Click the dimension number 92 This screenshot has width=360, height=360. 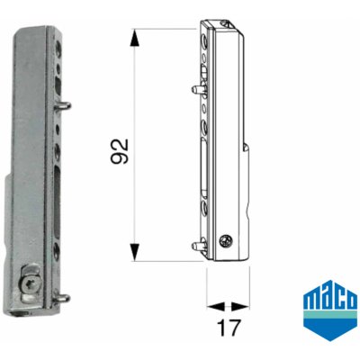[x=120, y=151]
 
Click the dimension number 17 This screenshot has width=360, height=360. [x=229, y=328]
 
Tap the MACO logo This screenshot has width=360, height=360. [x=330, y=310]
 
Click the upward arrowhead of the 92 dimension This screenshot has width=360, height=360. [x=135, y=38]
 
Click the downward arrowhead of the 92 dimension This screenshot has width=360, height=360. [x=135, y=252]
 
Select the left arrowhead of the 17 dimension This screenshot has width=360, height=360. [x=216, y=307]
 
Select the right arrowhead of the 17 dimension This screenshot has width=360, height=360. [x=240, y=307]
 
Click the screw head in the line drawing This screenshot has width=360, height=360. [x=225, y=240]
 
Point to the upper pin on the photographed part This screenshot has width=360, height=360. [x=63, y=105]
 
